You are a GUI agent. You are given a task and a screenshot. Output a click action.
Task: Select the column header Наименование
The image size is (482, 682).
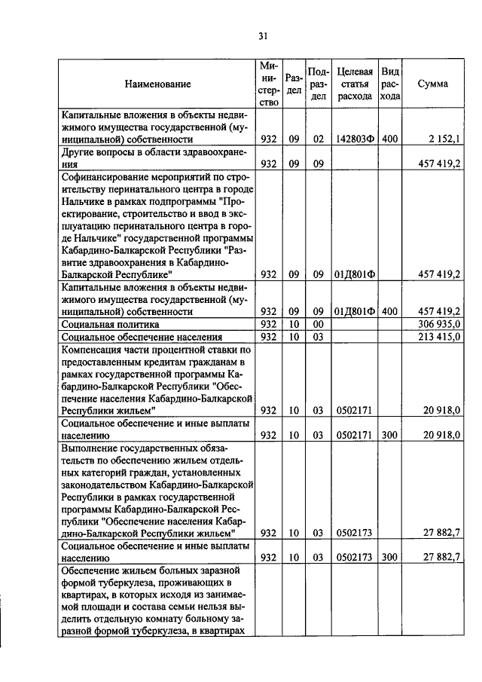coord(157,84)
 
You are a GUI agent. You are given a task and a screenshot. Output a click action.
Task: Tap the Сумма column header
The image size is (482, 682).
coord(432,84)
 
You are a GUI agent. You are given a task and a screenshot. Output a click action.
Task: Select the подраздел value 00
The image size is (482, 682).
coord(318,323)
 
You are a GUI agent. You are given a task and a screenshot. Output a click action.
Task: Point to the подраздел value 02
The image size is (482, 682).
coord(318,139)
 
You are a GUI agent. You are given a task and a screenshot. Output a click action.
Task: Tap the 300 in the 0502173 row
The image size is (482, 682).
coord(389,558)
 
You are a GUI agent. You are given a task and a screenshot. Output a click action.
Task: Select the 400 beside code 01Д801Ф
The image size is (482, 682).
coord(389,310)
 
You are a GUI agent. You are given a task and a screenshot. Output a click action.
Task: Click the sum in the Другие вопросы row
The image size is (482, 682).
coord(444,164)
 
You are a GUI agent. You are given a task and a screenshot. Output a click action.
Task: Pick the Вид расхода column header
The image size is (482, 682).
coord(389,84)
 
